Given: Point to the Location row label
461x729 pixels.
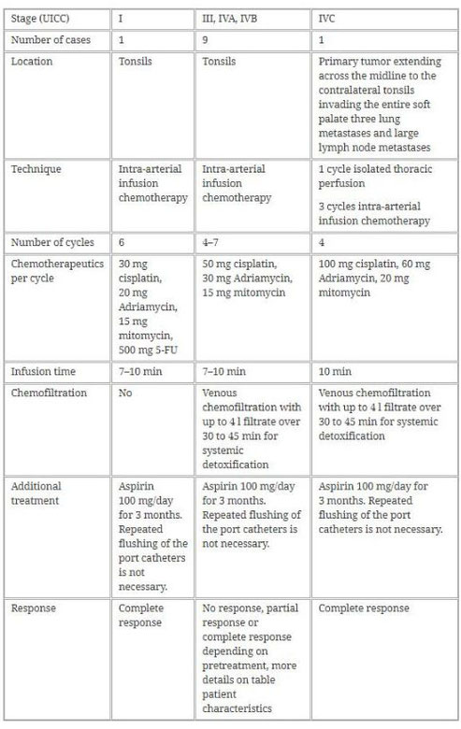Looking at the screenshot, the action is click(35, 62).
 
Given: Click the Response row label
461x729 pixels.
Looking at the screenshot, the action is click(36, 607).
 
